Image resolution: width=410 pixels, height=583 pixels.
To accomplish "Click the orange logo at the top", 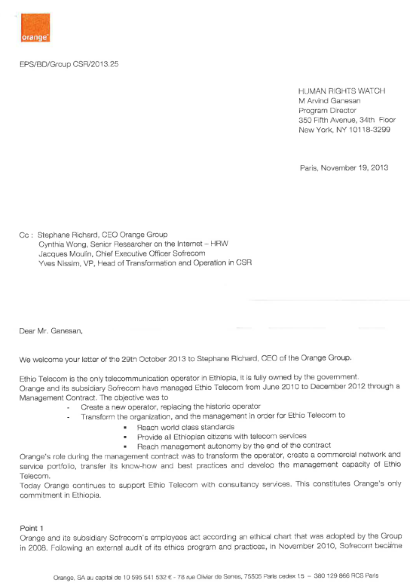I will click(x=36, y=28).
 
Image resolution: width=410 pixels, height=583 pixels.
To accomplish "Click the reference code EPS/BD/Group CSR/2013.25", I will click(x=69, y=64).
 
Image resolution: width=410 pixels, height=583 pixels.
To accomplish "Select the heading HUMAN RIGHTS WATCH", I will click(x=342, y=91).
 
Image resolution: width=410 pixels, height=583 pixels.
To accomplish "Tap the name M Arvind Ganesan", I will click(x=329, y=101).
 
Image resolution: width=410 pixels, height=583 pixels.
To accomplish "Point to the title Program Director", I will click(x=327, y=111).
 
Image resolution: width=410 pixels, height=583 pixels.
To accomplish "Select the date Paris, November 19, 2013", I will click(x=344, y=168).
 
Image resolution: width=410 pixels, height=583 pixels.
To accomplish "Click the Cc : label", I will click(x=26, y=235).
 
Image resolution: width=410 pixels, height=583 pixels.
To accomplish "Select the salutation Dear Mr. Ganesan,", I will click(x=51, y=331).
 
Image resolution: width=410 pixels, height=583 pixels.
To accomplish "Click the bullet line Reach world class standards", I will click(x=185, y=427).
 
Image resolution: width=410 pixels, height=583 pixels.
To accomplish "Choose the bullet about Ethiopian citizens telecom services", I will click(x=221, y=436).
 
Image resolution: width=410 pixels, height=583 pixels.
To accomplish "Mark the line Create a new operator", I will click(x=170, y=407).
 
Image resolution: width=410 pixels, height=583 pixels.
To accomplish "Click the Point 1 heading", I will click(x=32, y=528).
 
